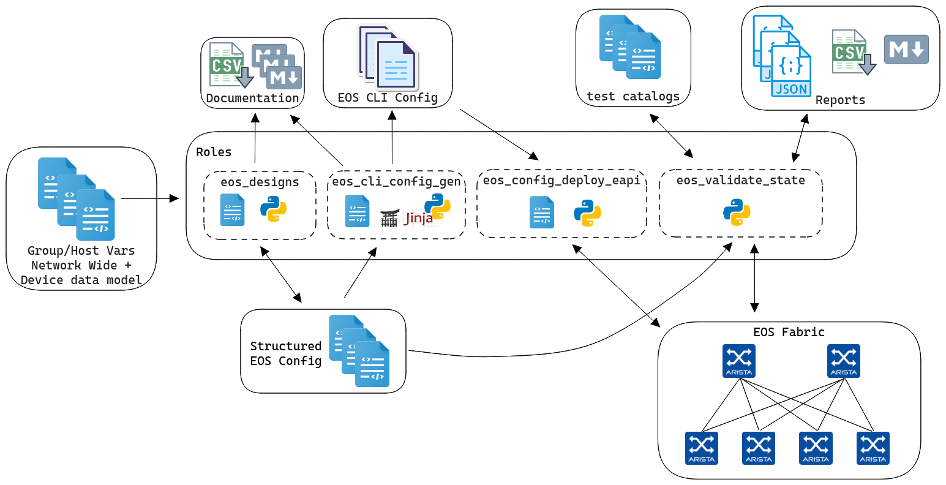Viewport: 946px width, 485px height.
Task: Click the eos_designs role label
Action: point(260,182)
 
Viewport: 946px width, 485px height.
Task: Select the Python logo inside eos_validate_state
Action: point(737,212)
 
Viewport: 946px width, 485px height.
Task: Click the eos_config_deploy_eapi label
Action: point(561,180)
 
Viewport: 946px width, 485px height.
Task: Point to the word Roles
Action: point(214,152)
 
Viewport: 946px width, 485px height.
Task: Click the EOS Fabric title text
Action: point(789,332)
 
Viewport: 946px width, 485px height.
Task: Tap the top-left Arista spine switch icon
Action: point(739,361)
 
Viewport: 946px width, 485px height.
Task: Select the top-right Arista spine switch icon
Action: point(844,361)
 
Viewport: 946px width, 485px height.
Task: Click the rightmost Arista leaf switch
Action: point(873,448)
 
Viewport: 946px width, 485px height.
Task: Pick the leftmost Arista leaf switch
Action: point(702,448)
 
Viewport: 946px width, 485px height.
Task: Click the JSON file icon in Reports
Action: point(791,70)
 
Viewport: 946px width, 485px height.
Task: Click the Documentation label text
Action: point(252,98)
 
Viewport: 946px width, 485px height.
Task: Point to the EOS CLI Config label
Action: point(388,97)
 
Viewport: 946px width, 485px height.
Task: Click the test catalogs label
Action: point(633,96)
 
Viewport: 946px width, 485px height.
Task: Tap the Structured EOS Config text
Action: point(285,353)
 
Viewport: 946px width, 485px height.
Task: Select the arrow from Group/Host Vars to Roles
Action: point(149,198)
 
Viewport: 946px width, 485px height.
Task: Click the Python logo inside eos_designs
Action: point(274,209)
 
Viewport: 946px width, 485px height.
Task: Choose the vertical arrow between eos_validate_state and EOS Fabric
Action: point(754,278)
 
